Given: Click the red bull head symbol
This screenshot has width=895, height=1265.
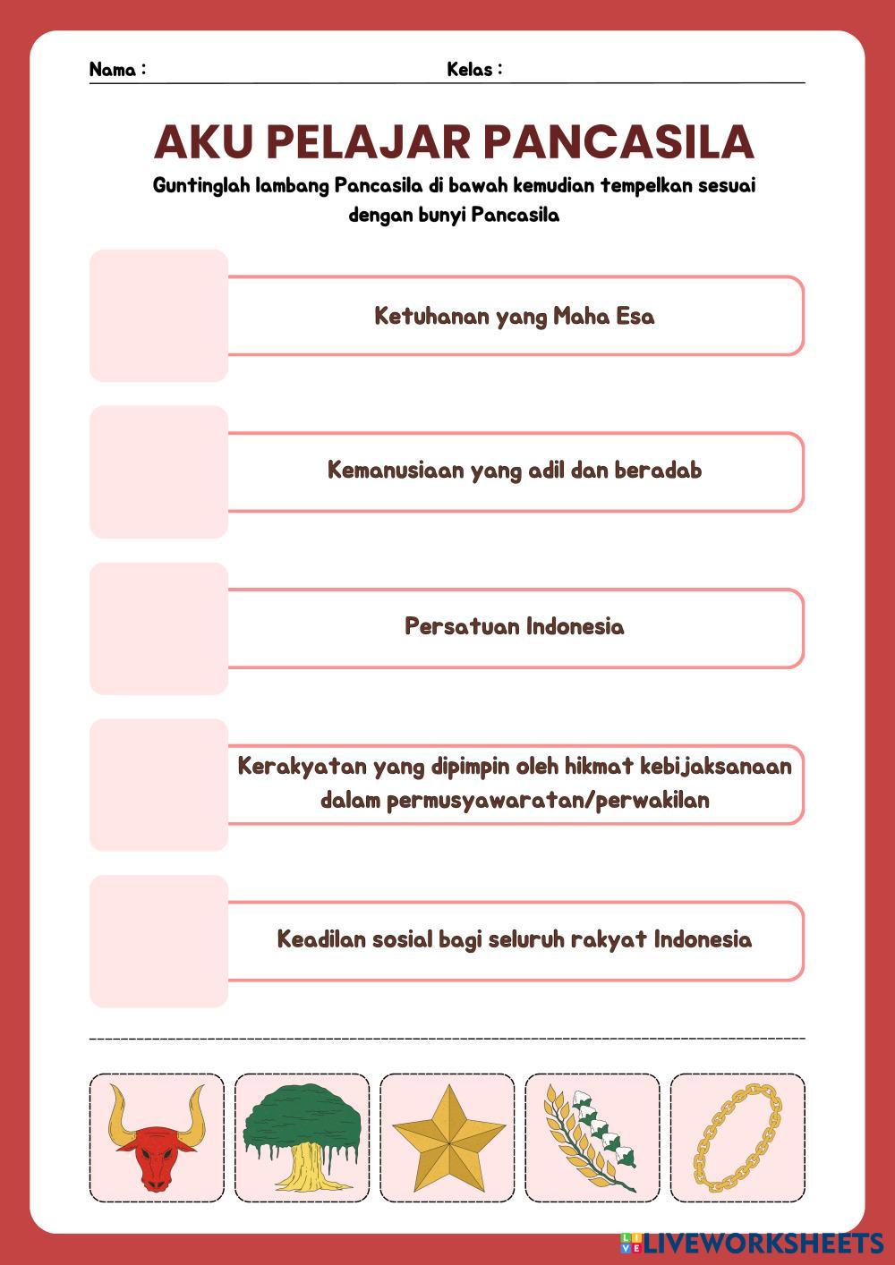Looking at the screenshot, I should pos(157,1141).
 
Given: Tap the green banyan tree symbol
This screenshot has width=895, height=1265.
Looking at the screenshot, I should pos(302,1136).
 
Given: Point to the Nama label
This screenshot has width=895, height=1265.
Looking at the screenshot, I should pos(116,70).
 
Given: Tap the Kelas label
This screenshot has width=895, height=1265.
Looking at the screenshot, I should pos(473,70).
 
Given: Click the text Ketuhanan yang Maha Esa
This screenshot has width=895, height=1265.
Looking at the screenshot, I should pos(514,316).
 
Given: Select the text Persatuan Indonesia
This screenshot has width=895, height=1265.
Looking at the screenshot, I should pos(514,625).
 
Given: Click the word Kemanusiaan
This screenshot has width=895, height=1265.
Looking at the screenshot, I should pos(396,470).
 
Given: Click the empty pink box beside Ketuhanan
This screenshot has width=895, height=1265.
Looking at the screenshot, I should pos(158,316).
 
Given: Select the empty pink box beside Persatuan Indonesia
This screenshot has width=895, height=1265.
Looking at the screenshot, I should pos(158,628).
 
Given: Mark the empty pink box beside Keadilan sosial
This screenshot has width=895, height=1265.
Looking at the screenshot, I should pos(158,941).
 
